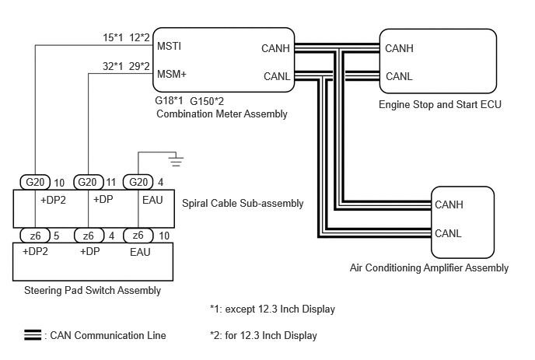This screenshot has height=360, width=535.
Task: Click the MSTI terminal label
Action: (169, 46)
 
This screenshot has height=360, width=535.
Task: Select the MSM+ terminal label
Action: (172, 74)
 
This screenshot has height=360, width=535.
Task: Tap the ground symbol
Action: (176, 161)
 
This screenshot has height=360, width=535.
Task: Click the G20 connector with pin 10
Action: (35, 182)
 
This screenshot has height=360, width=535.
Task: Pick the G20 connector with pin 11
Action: (89, 182)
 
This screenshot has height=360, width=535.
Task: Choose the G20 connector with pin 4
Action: (138, 182)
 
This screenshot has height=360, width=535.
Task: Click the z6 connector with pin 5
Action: (35, 235)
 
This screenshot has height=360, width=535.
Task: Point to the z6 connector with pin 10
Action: (138, 235)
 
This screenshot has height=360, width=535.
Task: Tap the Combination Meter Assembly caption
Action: (222, 114)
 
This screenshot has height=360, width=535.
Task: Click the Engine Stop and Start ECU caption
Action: (440, 104)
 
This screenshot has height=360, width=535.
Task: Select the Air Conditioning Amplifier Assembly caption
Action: (429, 268)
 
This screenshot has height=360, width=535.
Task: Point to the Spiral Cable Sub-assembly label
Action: (243, 204)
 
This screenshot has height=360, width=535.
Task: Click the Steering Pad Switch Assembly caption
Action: (93, 290)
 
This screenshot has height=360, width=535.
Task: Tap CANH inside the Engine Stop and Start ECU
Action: (399, 48)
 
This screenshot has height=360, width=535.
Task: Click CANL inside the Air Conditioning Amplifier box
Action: (448, 233)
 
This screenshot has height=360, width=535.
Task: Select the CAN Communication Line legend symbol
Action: (33, 335)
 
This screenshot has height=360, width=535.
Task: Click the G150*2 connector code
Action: (207, 101)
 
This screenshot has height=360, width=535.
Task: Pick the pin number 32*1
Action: (113, 66)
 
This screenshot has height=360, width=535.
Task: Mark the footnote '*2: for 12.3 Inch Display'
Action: (264, 335)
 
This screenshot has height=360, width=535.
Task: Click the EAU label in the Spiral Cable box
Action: (152, 200)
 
